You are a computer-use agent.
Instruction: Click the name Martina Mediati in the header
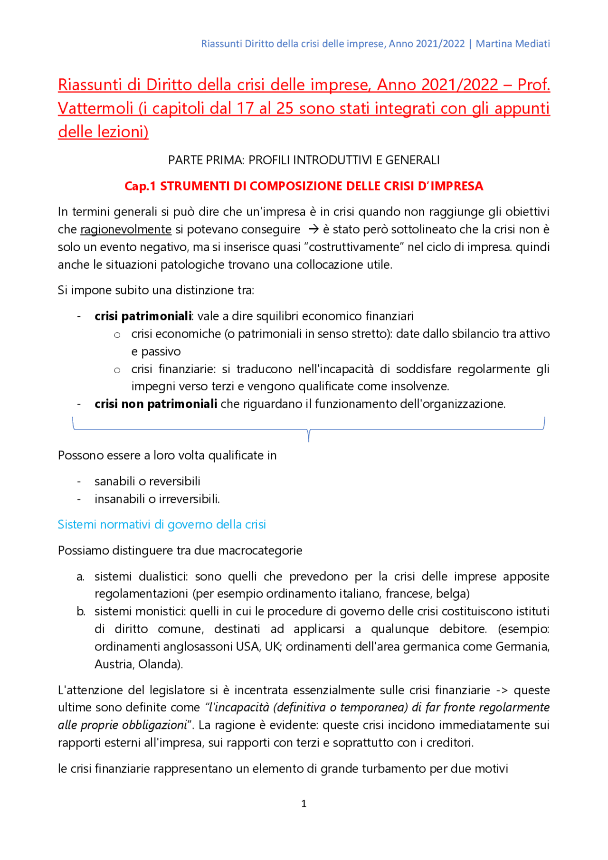pyautogui.click(x=513, y=44)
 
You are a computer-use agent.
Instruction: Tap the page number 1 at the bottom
pyautogui.click(x=304, y=803)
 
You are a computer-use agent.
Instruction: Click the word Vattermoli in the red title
pyautogui.click(x=95, y=108)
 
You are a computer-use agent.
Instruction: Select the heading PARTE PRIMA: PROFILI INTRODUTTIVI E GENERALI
pyautogui.click(x=304, y=160)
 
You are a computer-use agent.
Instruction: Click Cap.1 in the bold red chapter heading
pyautogui.click(x=140, y=186)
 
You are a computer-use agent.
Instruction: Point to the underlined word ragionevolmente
pyautogui.click(x=126, y=229)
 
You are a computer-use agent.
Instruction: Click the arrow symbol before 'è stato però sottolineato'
pyautogui.click(x=313, y=229)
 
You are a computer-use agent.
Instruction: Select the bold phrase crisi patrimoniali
pyautogui.click(x=143, y=316)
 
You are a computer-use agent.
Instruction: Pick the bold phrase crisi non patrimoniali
pyautogui.click(x=156, y=404)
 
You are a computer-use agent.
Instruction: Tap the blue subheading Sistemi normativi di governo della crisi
pyautogui.click(x=161, y=524)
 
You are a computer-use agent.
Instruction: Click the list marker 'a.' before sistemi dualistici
pyautogui.click(x=81, y=576)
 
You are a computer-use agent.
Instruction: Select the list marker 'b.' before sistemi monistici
pyautogui.click(x=81, y=611)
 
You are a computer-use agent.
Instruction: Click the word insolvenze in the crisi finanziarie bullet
pyautogui.click(x=419, y=386)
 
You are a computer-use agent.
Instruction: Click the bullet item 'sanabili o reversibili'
pyautogui.click(x=147, y=481)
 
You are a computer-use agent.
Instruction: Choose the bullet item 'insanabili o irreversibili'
pyautogui.click(x=157, y=499)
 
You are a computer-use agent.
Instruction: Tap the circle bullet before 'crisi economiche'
pyautogui.click(x=117, y=335)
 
